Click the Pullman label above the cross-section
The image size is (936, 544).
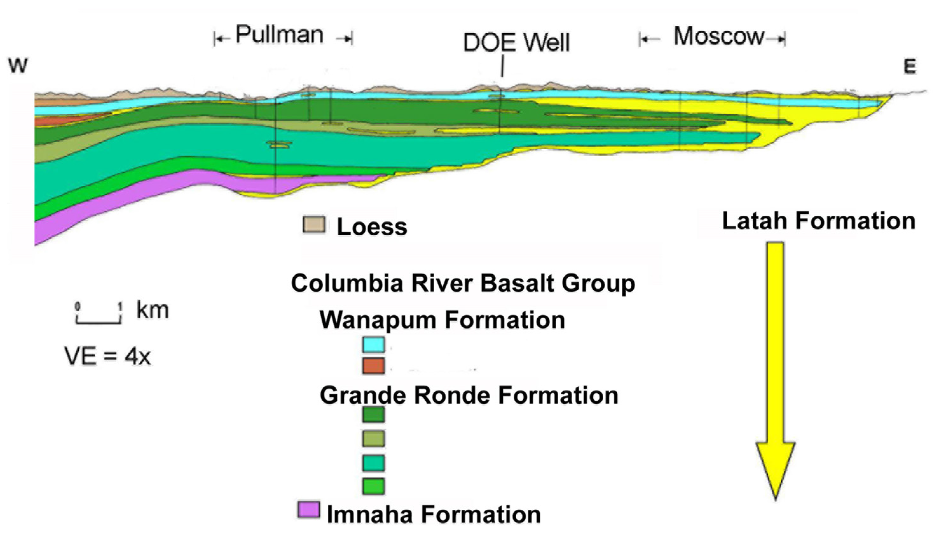coord(279,35)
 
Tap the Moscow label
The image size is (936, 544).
coord(719,37)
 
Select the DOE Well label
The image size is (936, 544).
coord(516,43)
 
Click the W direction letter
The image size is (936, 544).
coord(18,66)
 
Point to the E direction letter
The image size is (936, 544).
coord(910,67)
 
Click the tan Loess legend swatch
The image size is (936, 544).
coord(314,225)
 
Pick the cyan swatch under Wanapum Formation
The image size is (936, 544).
coord(373,344)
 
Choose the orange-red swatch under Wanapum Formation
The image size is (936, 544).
coord(373,366)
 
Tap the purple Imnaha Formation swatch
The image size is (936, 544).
coord(309,510)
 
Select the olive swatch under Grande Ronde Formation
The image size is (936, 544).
coord(373,439)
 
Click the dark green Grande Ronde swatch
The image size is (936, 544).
coord(373,415)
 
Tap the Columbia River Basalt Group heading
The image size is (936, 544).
coord(463,283)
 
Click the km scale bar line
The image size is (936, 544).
coord(99,322)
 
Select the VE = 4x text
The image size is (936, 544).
coord(108,357)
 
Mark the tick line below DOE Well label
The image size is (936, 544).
coord(502,66)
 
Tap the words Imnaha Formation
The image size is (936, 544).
coord(433,515)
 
